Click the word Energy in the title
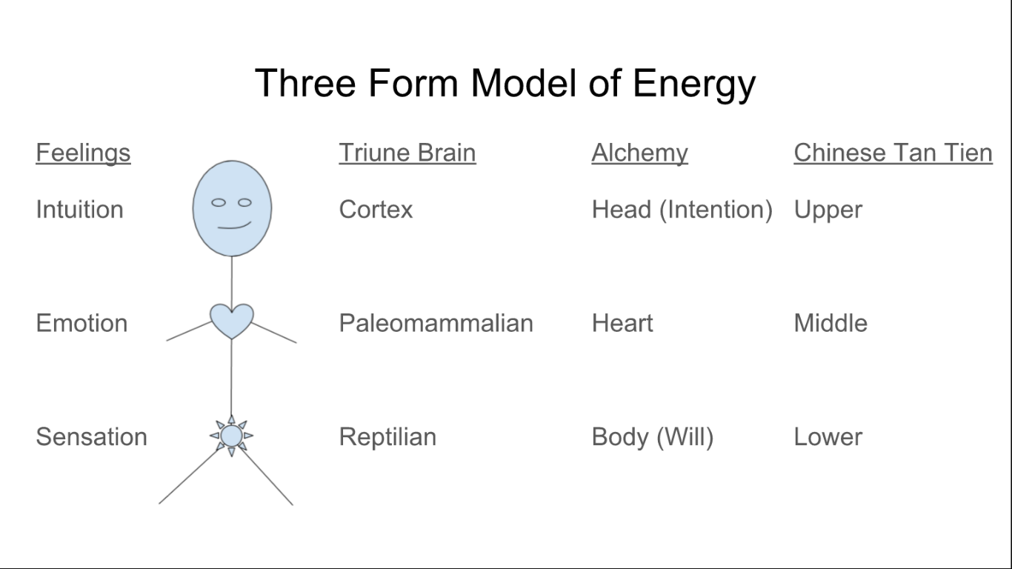tap(693, 83)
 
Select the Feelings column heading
tap(83, 153)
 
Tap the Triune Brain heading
tap(407, 153)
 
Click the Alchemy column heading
tap(639, 153)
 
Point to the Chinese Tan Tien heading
tap(893, 153)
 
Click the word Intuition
tap(79, 210)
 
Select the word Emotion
tap(81, 323)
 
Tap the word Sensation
tap(91, 437)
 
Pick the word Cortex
tap(376, 210)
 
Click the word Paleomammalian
tap(436, 323)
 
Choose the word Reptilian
tap(387, 437)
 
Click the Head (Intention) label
tap(682, 210)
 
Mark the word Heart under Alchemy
tap(622, 323)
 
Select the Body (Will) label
tap(652, 437)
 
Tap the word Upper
tap(828, 210)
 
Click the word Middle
tap(830, 323)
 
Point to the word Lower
tap(828, 437)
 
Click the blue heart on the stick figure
tap(232, 319)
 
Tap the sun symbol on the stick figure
tap(231, 436)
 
